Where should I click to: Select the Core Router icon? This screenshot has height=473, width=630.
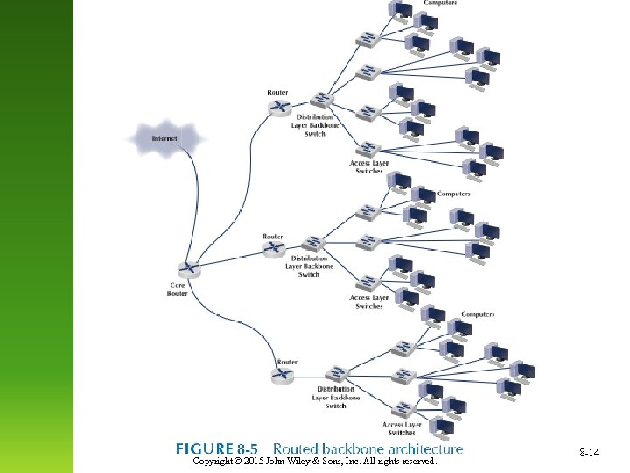point(187,270)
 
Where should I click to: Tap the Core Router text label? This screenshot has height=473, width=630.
point(178,289)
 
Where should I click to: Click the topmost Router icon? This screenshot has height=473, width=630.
point(279,107)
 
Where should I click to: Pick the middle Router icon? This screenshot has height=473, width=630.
point(275,251)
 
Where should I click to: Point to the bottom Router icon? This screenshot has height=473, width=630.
point(282,375)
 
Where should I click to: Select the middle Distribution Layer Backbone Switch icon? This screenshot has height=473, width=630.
point(313,243)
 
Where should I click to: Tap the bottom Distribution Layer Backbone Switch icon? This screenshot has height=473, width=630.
point(336,373)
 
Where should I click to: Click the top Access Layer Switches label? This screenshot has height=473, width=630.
point(368,167)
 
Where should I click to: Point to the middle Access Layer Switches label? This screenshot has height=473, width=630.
point(369,302)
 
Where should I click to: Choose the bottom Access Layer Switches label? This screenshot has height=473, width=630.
point(402,429)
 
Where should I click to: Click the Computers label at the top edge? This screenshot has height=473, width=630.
point(440,4)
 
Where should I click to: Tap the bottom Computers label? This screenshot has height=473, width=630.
point(478,314)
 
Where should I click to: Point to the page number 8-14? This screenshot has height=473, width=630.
point(589,453)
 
